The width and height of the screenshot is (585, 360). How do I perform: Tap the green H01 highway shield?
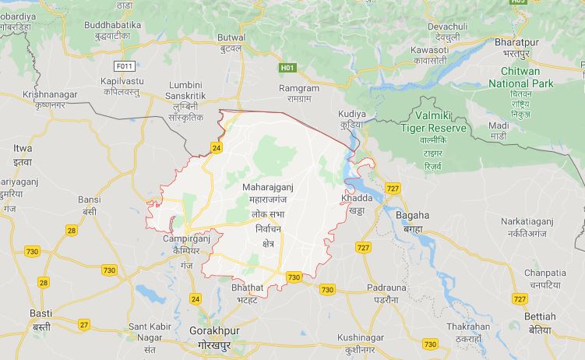(x=287, y=68)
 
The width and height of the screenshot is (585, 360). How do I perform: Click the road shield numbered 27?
(x=84, y=324)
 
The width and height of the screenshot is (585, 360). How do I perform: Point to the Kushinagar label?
(x=361, y=337)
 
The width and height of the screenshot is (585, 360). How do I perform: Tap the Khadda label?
(x=357, y=198)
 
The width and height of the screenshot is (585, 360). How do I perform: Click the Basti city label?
(x=41, y=313)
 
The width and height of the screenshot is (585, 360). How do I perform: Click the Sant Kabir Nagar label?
(x=146, y=331)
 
